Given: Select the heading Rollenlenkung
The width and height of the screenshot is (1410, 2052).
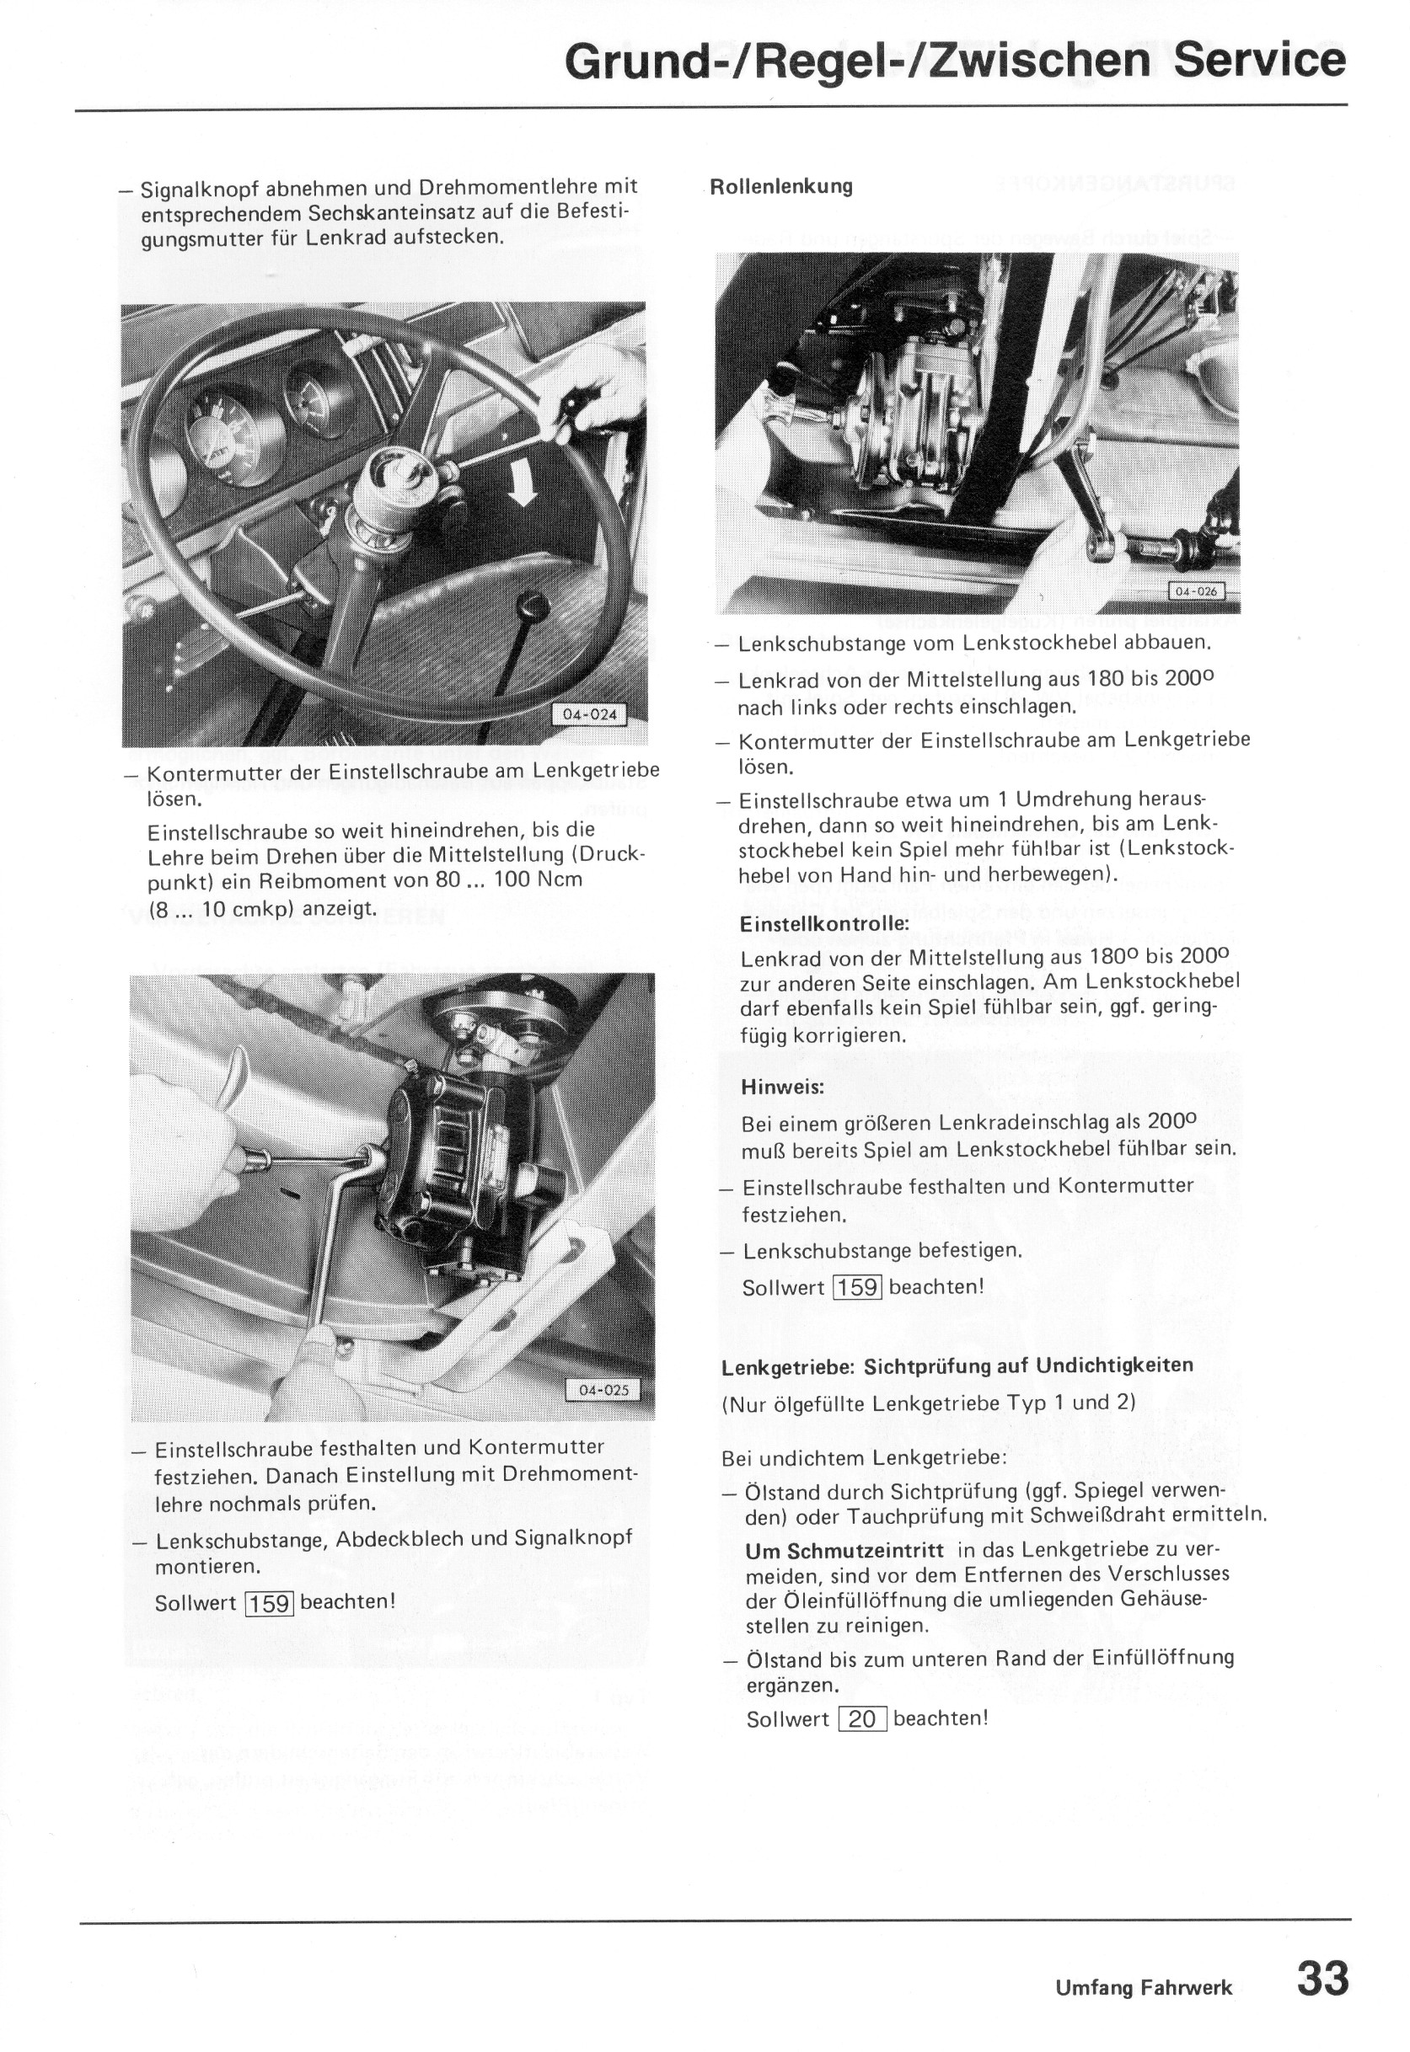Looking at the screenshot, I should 781,186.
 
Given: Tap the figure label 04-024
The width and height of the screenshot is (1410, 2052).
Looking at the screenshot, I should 589,714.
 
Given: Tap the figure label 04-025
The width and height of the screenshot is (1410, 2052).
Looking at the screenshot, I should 603,1390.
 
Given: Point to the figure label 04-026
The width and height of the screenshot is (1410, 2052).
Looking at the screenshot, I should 1195,591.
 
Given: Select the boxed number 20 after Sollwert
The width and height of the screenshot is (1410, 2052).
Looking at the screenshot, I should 861,1718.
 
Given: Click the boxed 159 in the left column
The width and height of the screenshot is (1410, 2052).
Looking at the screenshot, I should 271,1602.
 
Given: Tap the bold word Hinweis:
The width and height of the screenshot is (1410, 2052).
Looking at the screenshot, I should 783,1087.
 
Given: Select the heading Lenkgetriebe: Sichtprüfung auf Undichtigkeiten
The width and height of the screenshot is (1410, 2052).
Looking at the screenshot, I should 957,1366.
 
